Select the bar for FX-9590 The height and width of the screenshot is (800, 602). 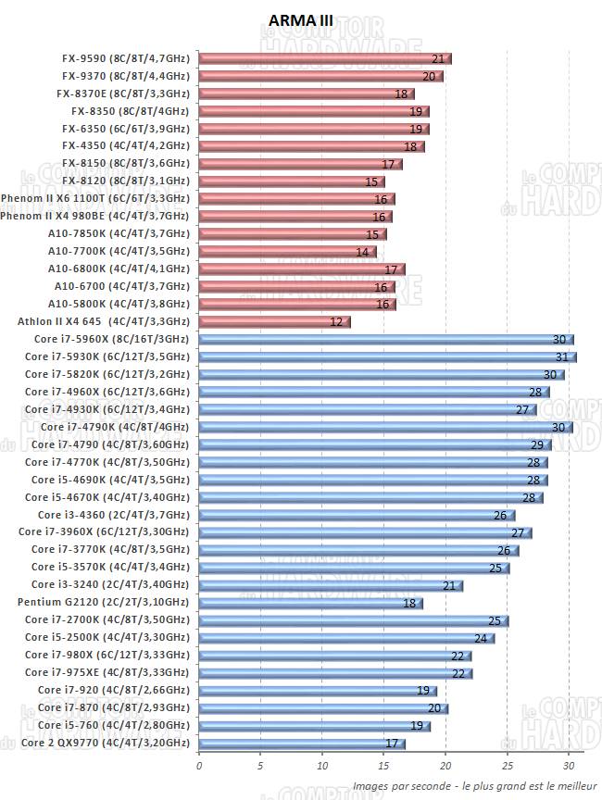324,58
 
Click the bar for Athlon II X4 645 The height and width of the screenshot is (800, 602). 274,322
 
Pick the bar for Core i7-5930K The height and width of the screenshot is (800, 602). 387,357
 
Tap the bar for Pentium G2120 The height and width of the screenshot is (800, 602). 310,604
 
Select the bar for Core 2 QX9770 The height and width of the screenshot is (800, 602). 301,744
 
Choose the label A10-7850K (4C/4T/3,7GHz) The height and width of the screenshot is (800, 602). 119,234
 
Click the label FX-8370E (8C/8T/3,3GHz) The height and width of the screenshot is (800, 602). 122,94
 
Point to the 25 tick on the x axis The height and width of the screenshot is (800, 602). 508,766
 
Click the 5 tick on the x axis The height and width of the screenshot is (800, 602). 260,766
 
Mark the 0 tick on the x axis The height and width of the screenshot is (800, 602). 199,766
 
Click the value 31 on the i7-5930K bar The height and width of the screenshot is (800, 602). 561,357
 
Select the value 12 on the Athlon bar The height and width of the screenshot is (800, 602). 336,322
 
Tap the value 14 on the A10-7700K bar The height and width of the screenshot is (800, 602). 362,252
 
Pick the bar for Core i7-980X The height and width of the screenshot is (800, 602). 334,656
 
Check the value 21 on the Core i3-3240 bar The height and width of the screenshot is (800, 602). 449,585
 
